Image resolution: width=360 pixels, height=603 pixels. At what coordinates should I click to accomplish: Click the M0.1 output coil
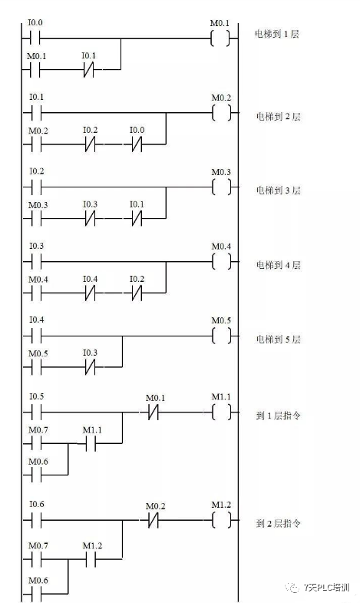tap(220, 38)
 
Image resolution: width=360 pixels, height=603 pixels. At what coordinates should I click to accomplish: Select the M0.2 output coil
tap(220, 113)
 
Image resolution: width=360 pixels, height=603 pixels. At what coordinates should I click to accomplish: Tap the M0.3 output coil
tap(220, 187)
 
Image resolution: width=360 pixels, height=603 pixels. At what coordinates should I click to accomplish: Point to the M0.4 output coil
tap(220, 262)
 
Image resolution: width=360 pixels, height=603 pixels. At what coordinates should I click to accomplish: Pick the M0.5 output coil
tap(220, 336)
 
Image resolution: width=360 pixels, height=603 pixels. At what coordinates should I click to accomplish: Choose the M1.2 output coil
tap(220, 521)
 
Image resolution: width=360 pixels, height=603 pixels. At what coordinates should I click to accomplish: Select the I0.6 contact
tap(35, 521)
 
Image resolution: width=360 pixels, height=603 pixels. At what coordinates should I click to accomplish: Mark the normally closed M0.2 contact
tap(152, 521)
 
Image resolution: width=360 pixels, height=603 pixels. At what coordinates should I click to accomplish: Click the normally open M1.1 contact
tap(90, 444)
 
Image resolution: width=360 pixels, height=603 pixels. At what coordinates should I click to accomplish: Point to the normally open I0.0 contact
tap(35, 38)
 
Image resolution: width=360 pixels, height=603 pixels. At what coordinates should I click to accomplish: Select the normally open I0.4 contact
tap(35, 336)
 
